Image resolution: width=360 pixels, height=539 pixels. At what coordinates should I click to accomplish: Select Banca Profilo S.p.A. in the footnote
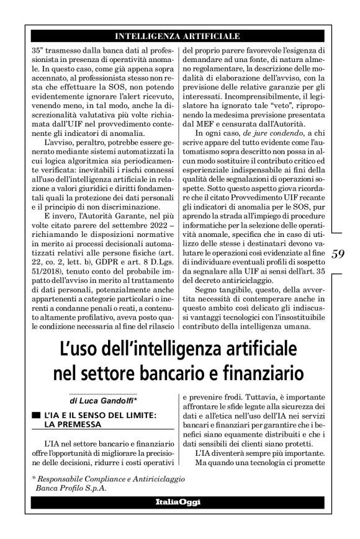(69, 489)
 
